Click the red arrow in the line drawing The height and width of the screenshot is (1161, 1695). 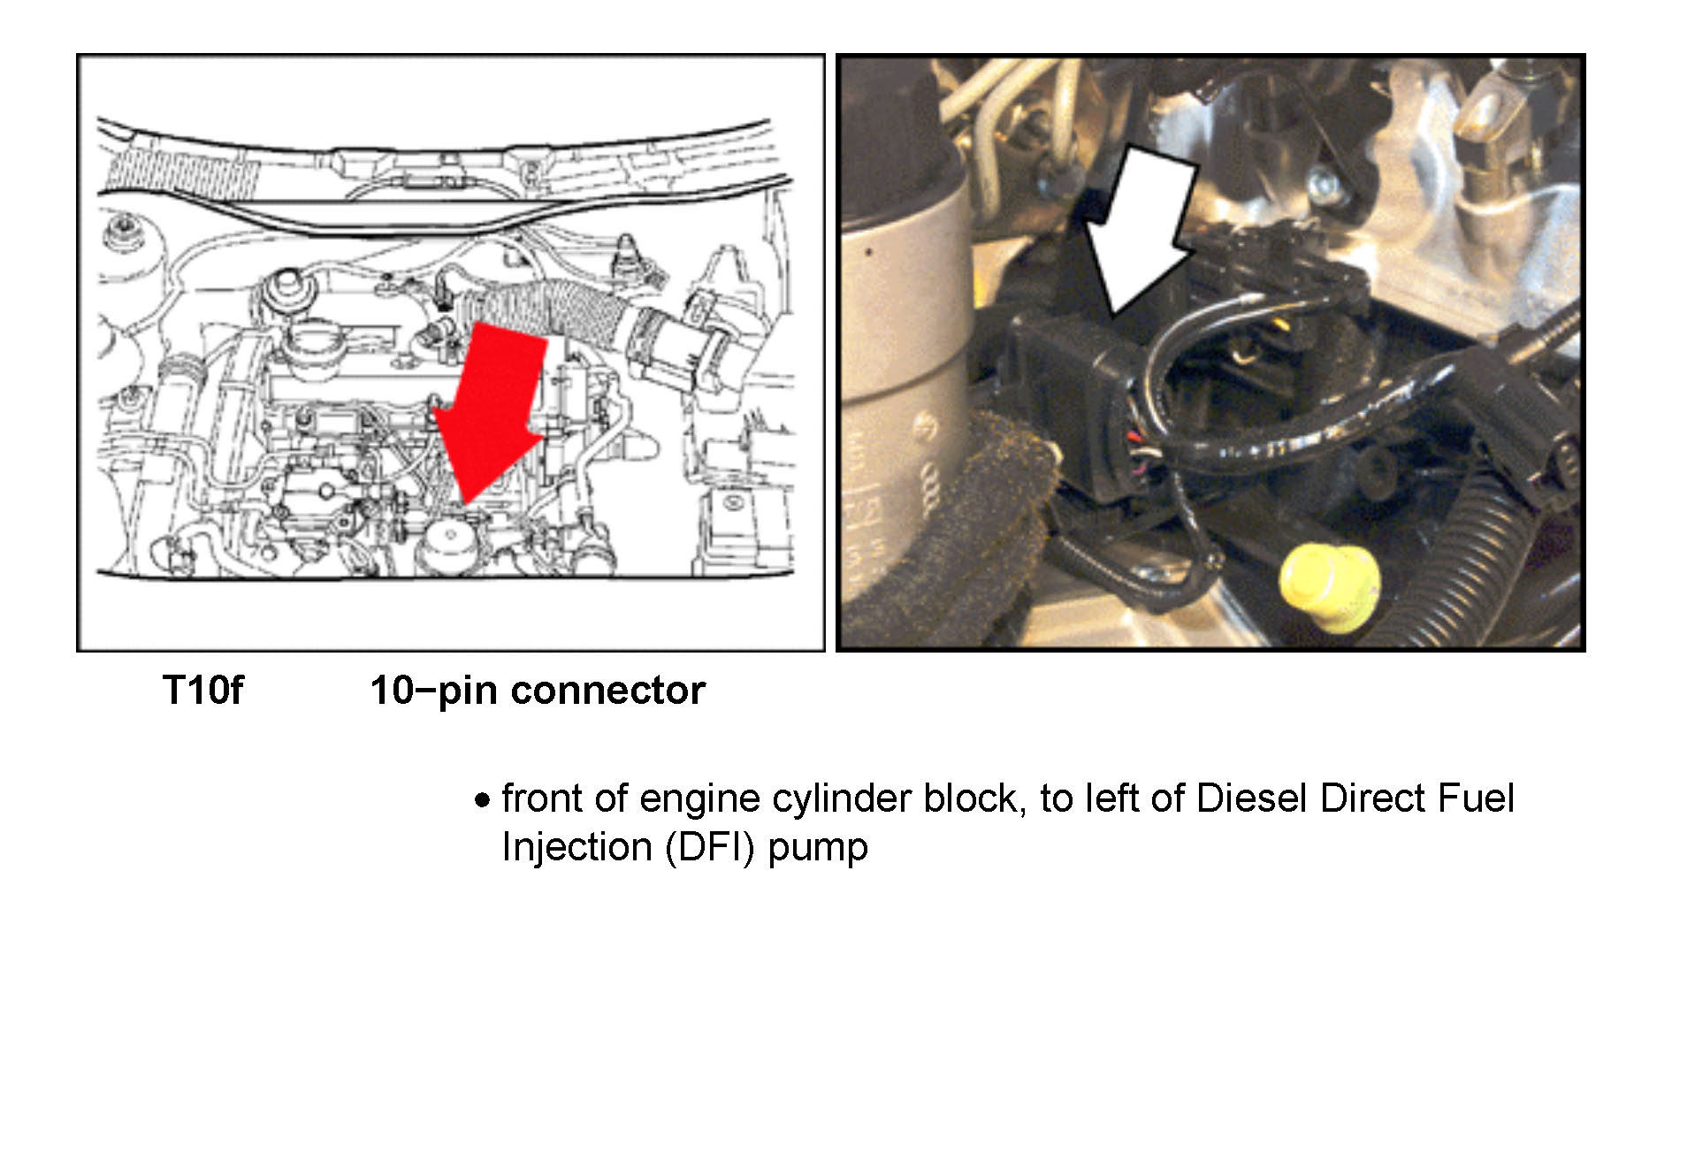(491, 407)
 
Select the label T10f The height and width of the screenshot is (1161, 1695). (202, 691)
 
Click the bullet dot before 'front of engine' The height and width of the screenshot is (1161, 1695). (482, 801)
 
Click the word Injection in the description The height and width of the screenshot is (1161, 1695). (576, 847)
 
